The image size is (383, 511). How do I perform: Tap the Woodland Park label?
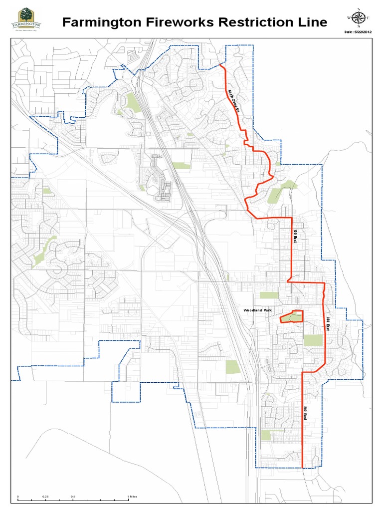(x=258, y=311)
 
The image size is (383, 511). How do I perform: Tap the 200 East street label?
(x=304, y=413)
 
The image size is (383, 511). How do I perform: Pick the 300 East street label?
(x=328, y=324)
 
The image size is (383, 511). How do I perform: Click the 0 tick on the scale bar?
(x=18, y=497)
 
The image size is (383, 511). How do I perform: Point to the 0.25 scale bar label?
(x=45, y=497)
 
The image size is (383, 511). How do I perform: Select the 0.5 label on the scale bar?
(x=73, y=497)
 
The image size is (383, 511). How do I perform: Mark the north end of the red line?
(x=220, y=64)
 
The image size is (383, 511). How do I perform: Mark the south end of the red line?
(x=303, y=468)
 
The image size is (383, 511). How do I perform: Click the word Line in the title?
(x=310, y=22)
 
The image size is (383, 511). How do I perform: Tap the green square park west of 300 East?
(x=313, y=340)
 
